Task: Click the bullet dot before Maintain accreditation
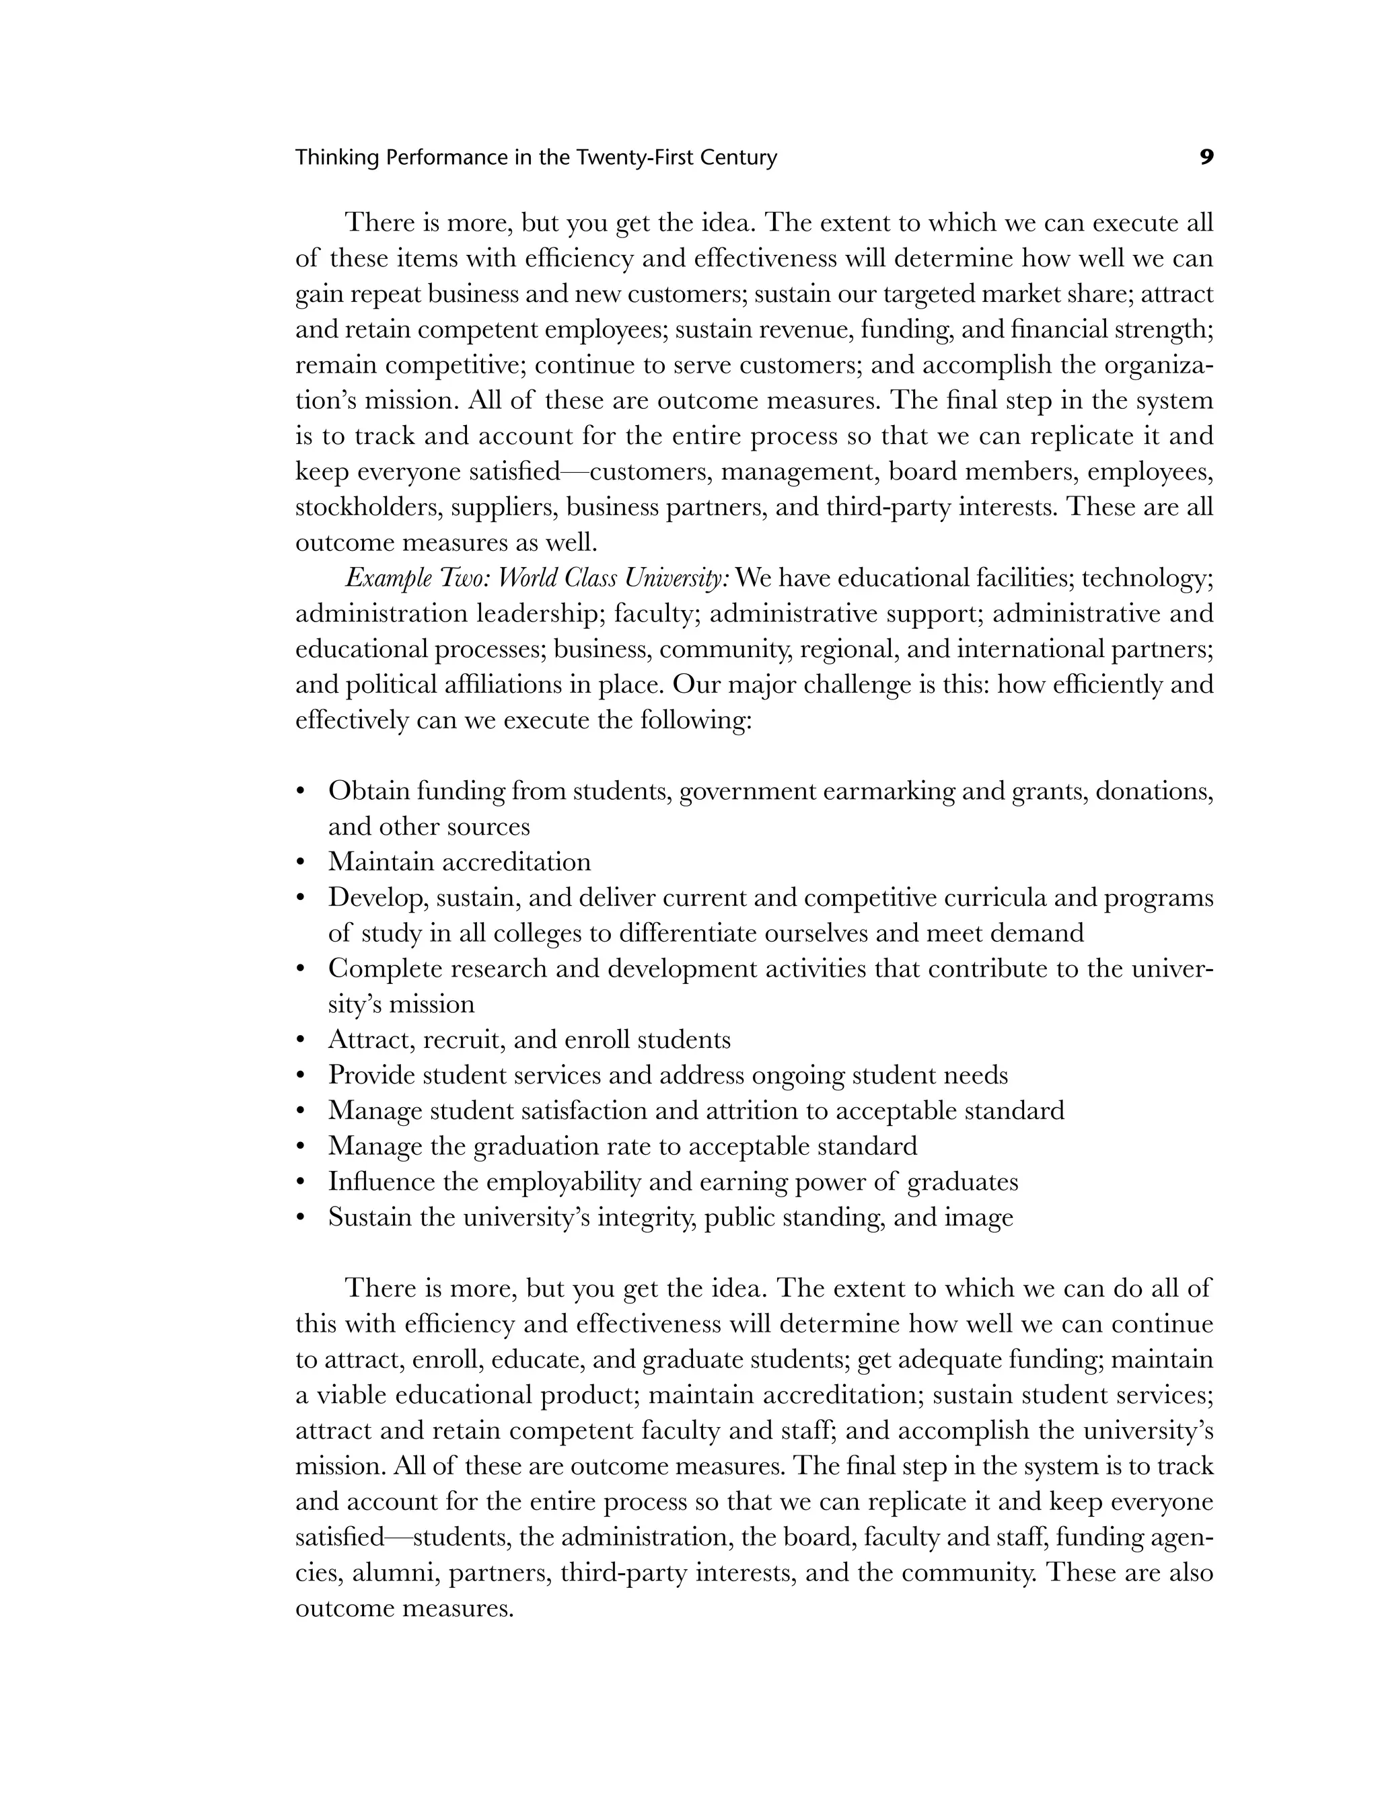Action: click(x=301, y=862)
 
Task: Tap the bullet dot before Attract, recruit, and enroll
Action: click(x=301, y=1040)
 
